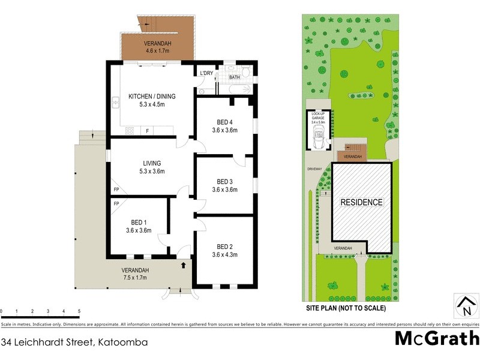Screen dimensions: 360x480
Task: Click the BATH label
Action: click(234, 77)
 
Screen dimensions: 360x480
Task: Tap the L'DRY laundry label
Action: click(206, 74)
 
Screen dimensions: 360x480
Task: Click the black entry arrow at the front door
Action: click(182, 264)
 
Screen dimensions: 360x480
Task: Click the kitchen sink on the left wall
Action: click(113, 103)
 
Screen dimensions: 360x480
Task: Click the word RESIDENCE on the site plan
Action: click(361, 202)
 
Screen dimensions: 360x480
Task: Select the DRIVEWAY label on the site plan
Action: click(315, 169)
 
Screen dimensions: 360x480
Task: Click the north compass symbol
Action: click(465, 307)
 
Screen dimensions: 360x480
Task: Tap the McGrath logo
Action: click(436, 338)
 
